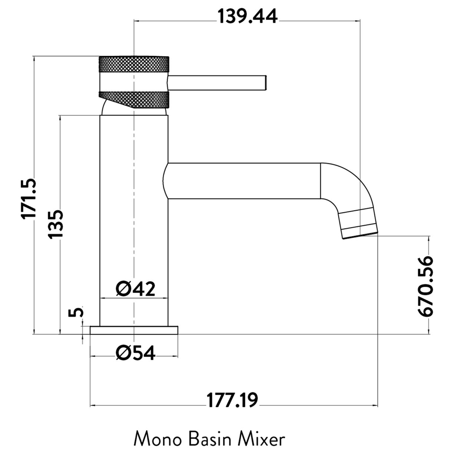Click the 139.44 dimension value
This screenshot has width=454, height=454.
pos(247,16)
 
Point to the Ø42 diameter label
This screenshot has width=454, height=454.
pos(135,289)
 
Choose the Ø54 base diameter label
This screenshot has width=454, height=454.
pos(135,353)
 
